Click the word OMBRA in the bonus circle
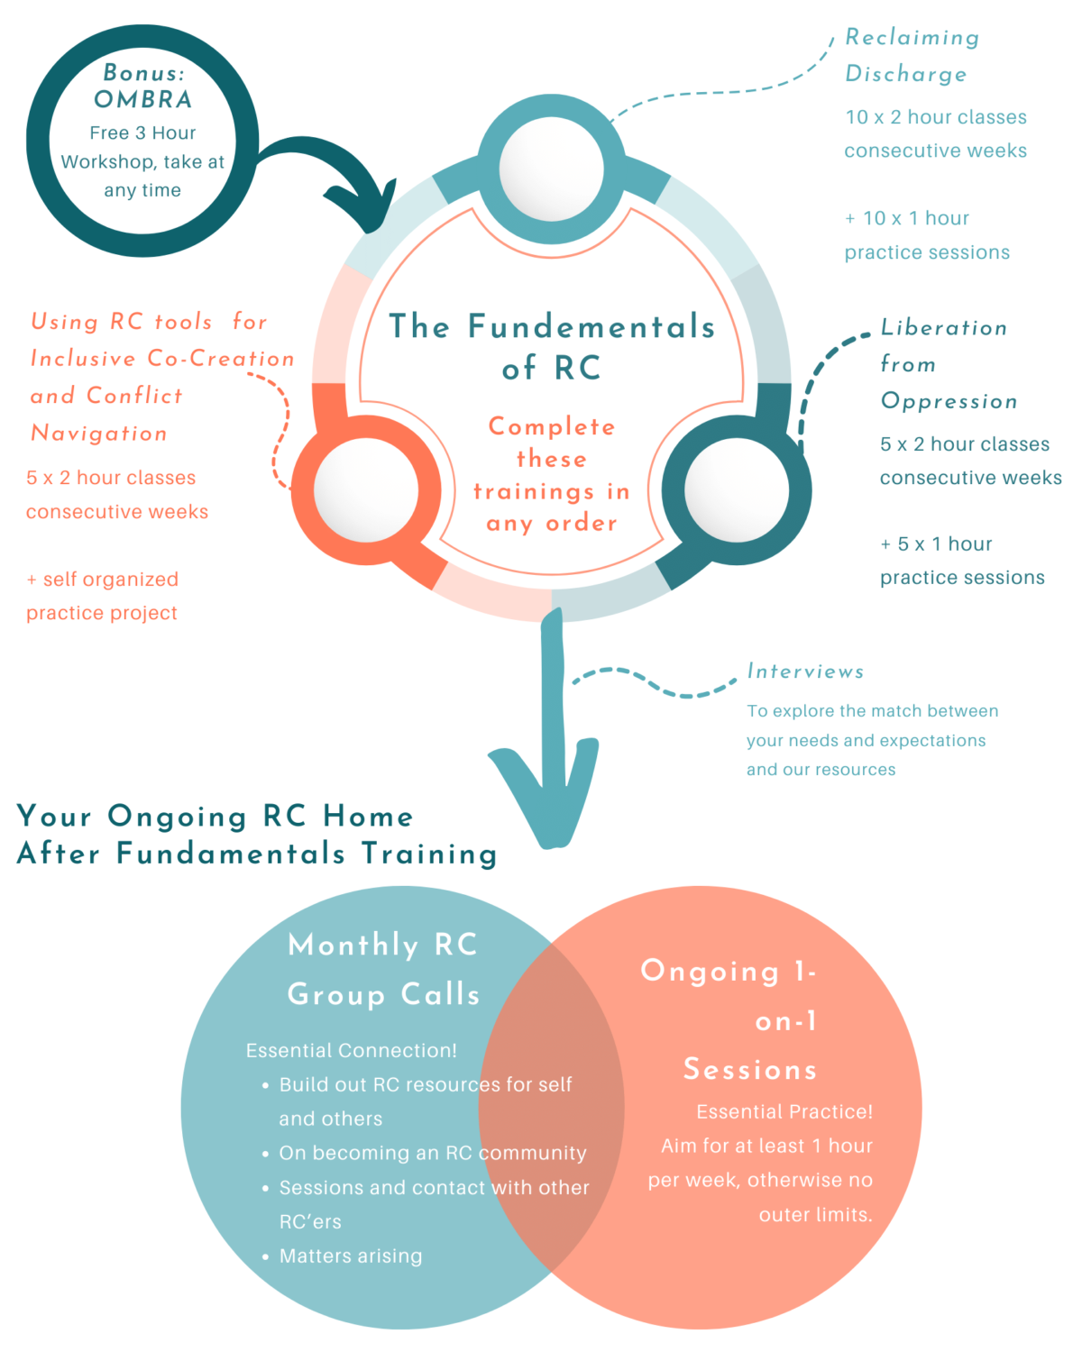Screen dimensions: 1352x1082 click(142, 99)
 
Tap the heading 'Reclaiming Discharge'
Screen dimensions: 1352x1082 click(911, 56)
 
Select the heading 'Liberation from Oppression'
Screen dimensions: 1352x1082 click(947, 364)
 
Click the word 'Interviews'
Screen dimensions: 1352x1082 click(805, 671)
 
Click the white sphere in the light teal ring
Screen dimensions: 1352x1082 click(551, 169)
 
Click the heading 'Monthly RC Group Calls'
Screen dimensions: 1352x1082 click(383, 969)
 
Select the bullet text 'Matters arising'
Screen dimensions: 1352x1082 click(351, 1256)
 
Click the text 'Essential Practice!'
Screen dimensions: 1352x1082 click(784, 1111)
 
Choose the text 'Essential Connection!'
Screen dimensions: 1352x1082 click(351, 1050)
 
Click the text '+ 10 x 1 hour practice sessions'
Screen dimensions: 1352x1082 click(926, 235)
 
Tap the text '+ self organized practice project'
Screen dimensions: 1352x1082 click(102, 596)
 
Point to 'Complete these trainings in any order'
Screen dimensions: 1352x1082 click(552, 475)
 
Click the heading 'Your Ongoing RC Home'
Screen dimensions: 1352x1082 click(215, 817)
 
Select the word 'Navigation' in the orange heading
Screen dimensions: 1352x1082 click(99, 434)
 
